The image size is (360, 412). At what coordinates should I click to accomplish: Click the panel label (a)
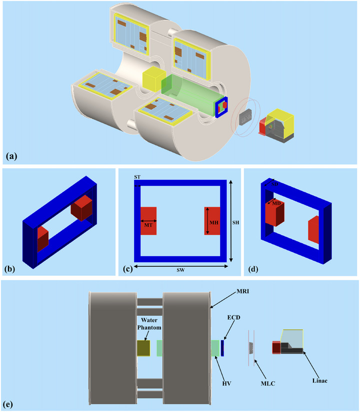(x=11, y=156)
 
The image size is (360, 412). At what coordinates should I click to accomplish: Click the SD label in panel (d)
(x=273, y=185)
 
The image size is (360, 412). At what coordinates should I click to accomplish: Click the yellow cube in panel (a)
(x=153, y=80)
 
